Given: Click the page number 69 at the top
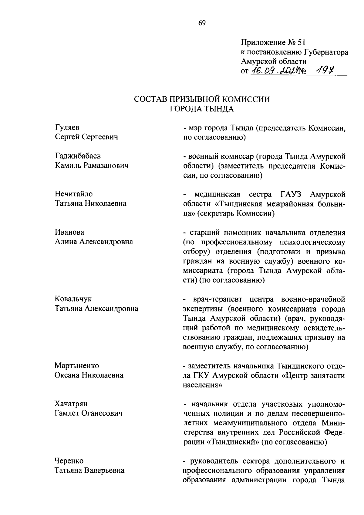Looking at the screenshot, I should (x=202, y=23).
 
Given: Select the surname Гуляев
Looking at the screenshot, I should (x=67, y=127).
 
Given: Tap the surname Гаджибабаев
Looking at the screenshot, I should (x=78, y=156).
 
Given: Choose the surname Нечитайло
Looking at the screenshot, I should (x=74, y=194).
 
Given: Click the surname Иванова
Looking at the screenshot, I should (x=69, y=232).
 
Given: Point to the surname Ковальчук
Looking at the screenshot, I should (x=73, y=299).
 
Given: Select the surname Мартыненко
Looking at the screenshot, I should (x=77, y=365).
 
